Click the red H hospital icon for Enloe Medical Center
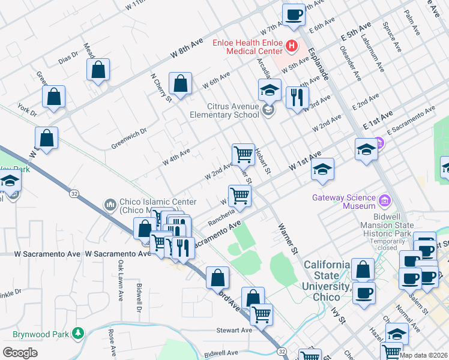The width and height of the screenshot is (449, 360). coord(291,45)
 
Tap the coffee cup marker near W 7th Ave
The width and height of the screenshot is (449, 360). coord(294,14)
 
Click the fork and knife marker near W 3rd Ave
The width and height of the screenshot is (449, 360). coord(297,97)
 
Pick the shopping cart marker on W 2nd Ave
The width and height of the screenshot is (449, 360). coord(243,154)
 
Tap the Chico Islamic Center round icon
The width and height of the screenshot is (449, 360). coord(109,206)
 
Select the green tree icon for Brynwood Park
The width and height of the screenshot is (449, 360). coord(77,333)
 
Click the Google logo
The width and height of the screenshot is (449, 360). coord(20,352)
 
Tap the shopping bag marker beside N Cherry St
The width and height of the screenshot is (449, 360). coord(180,84)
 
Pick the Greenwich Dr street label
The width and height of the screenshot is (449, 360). coord(129,139)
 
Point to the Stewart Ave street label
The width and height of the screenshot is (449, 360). coord(234,331)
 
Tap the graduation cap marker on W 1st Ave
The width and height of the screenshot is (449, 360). coord(322,169)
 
